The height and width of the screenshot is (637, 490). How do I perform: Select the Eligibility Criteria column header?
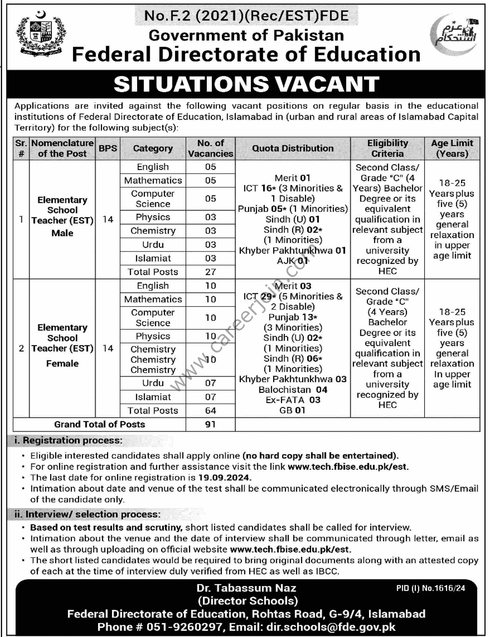pos(387,148)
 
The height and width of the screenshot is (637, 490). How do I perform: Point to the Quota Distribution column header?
pos(293,148)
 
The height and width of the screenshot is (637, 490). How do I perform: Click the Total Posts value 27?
pos(210,272)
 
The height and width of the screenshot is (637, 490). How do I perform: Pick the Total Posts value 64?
pos(210,411)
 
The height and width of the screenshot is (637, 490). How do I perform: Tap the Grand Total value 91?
pos(210,424)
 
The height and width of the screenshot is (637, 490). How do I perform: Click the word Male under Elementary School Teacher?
pos(62,233)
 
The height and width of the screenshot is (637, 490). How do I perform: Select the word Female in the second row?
pos(62,363)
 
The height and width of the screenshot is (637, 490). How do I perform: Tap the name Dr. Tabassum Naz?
pos(246,588)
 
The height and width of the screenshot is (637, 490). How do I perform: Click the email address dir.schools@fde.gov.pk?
pos(331,627)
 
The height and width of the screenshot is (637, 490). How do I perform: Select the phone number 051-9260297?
pos(184,627)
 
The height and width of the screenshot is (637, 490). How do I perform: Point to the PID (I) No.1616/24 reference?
pos(430,588)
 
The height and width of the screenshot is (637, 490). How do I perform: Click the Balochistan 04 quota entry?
pos(293,389)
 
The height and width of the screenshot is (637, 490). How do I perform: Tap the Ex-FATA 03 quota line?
pos(293,400)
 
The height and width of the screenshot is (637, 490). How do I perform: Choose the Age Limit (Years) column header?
pos(452,148)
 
